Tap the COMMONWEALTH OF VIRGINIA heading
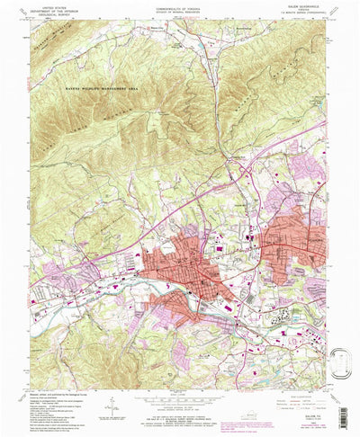click(x=179, y=4)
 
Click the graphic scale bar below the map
click(x=179, y=388)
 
